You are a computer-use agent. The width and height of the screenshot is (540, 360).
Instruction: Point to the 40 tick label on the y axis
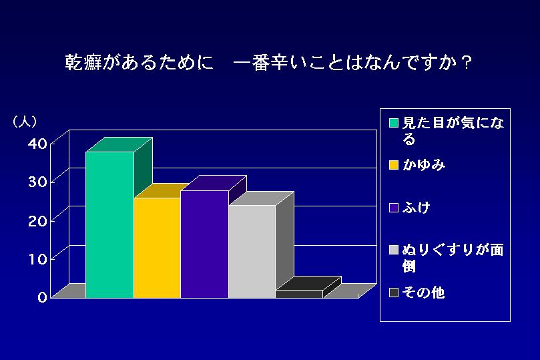click(37, 144)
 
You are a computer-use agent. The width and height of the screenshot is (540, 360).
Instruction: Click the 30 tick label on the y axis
click(37, 182)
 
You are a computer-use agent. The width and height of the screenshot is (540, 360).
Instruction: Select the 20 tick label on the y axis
click(37, 220)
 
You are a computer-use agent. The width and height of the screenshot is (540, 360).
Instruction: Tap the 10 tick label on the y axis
click(37, 259)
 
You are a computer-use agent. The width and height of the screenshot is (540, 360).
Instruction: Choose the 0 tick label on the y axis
click(42, 297)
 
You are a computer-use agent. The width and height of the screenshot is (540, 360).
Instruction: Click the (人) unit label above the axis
click(25, 122)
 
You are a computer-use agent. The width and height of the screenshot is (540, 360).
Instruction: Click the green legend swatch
click(394, 123)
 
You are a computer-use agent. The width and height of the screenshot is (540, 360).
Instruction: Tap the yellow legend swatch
click(394, 165)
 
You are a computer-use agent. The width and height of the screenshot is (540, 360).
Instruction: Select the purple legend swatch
click(394, 208)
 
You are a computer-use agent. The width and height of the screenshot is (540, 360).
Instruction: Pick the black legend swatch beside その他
click(394, 293)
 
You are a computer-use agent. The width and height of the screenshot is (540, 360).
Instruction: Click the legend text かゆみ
click(424, 165)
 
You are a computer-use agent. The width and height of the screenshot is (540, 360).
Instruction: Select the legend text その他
click(424, 293)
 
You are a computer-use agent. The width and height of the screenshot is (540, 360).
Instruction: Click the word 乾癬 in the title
click(83, 62)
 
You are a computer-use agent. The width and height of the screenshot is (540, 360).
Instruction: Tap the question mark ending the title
click(467, 62)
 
